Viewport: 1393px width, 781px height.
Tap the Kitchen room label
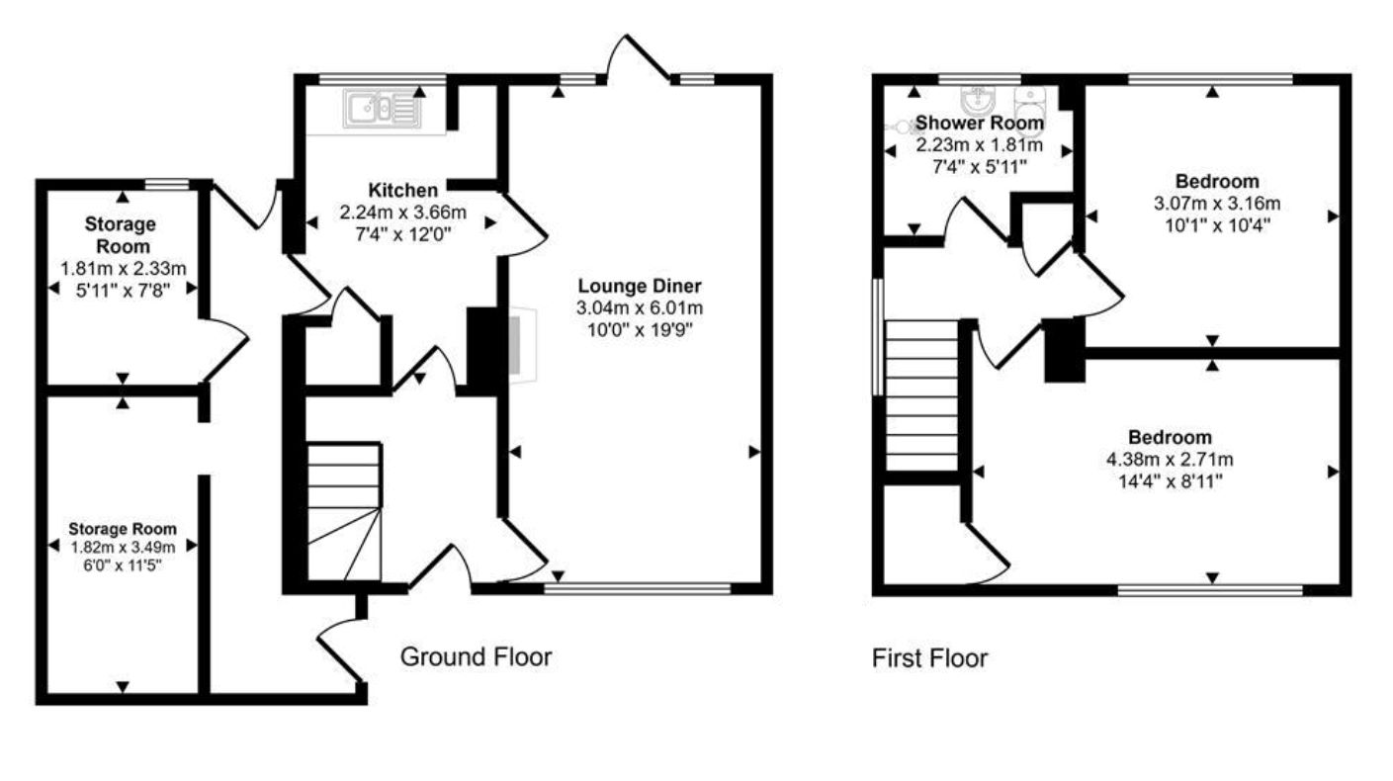[402, 190]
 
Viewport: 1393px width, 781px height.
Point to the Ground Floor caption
[476, 656]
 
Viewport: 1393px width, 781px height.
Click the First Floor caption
[929, 658]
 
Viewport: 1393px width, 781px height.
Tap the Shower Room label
[979, 124]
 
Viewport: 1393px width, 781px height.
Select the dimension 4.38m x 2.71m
[1171, 460]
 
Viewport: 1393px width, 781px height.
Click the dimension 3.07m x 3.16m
[1217, 204]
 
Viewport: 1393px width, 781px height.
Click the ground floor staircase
[343, 511]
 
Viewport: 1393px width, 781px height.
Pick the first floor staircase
[922, 395]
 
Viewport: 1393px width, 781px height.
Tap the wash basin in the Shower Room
[978, 100]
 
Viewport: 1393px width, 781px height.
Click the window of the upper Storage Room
[166, 183]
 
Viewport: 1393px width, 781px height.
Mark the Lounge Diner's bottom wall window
[637, 589]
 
